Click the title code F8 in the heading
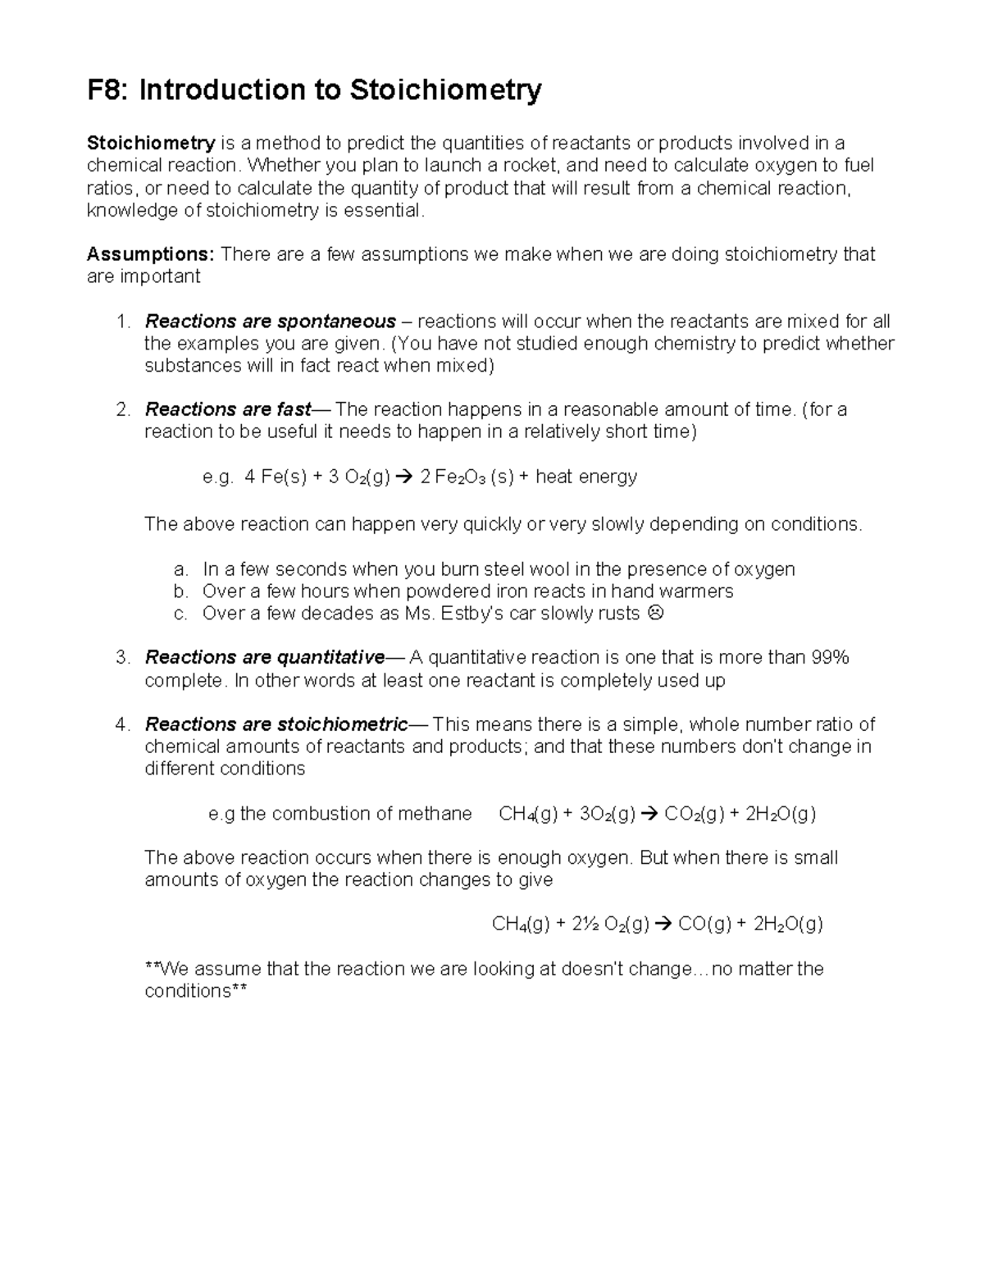pos(108,90)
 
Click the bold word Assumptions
pos(150,254)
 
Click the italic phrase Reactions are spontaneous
pos(270,321)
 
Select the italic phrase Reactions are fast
pos(228,409)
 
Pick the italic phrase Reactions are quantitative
pos(264,657)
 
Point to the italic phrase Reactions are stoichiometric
pos(276,724)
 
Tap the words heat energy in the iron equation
pos(586,477)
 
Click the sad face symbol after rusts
pos(655,614)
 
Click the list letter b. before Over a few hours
pos(180,591)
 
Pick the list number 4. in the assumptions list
pos(123,724)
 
